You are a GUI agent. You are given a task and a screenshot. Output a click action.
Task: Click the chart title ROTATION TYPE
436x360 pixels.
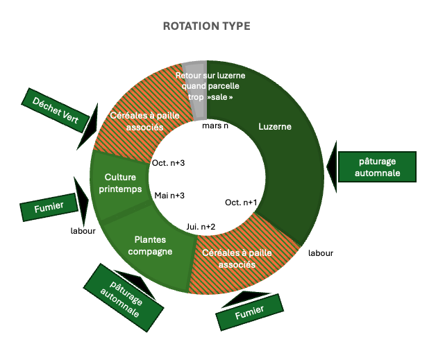click(206, 26)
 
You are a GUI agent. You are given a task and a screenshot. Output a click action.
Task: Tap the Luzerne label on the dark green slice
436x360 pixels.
click(275, 127)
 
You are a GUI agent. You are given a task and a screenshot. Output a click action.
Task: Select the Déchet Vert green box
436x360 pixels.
click(51, 111)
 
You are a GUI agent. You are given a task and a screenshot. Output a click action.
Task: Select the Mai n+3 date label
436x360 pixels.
click(169, 195)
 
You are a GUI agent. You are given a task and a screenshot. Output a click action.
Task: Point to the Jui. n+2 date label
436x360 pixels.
click(201, 226)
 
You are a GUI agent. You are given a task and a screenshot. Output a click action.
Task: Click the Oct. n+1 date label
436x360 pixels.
click(241, 203)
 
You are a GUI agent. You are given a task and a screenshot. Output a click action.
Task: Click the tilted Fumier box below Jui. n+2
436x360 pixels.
click(250, 313)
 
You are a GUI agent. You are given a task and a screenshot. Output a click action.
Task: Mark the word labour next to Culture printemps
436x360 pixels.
click(83, 231)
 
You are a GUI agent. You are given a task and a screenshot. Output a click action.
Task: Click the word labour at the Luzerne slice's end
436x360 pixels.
click(321, 253)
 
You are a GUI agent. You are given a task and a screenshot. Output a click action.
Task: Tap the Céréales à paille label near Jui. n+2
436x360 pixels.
click(234, 259)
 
